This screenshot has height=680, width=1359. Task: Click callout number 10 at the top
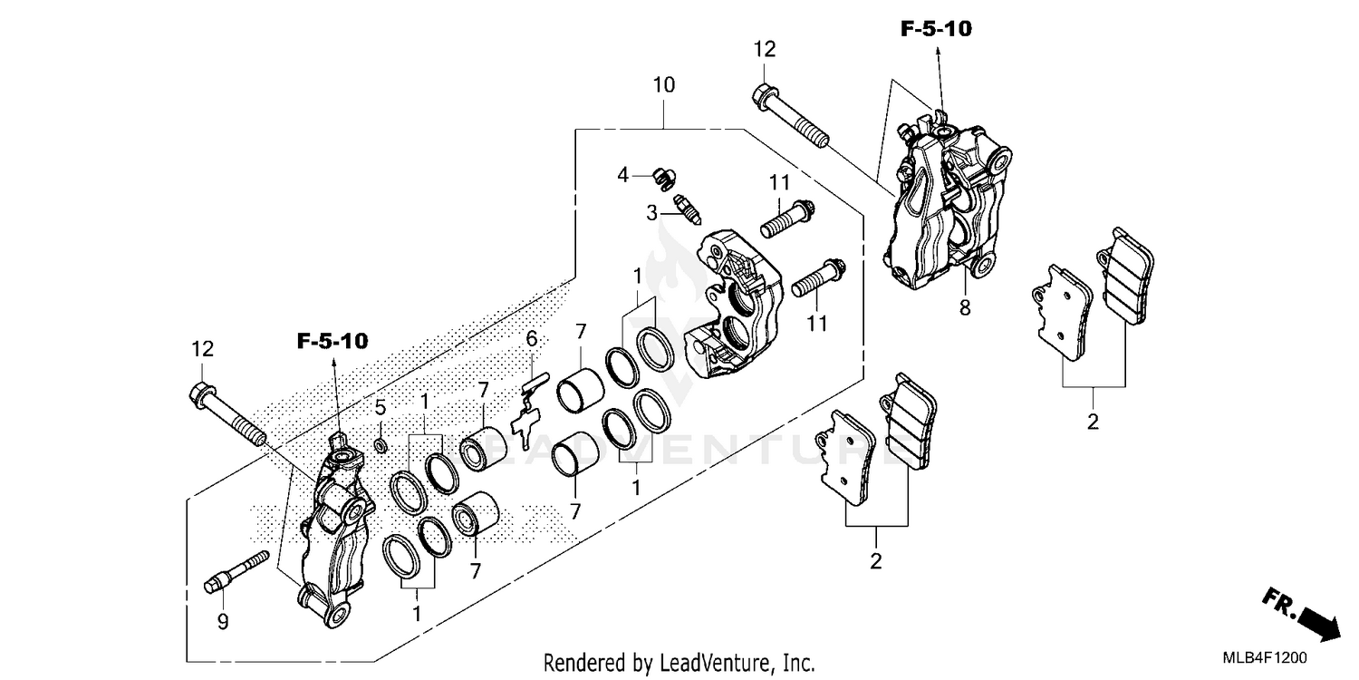coord(664,85)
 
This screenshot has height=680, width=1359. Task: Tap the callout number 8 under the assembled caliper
coord(965,308)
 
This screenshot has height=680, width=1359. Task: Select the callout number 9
coord(223,621)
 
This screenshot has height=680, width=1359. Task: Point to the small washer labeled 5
coord(381,445)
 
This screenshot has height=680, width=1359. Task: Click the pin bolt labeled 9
coord(238,571)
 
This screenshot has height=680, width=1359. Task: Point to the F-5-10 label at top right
coord(935,29)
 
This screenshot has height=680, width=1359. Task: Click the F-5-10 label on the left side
coord(333,342)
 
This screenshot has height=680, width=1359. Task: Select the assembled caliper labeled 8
coord(942,209)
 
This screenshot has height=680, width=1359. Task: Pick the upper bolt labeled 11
coord(788,219)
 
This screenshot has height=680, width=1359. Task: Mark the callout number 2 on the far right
coord(1093,421)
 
